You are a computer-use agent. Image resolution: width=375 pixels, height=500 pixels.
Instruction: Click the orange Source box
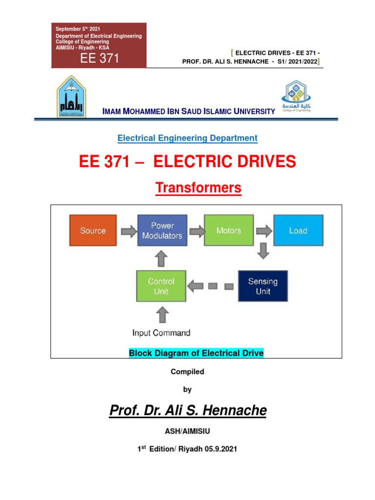[93, 230]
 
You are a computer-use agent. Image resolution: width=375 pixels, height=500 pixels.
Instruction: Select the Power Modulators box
[162, 230]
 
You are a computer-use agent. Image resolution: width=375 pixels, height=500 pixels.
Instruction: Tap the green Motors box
[229, 230]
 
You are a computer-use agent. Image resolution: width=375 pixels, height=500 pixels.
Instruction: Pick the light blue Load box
[298, 230]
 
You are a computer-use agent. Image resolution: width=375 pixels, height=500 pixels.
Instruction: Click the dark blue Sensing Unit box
[263, 286]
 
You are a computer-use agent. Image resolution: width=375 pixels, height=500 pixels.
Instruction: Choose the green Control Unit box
[161, 286]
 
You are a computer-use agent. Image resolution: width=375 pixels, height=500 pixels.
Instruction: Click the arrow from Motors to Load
[264, 230]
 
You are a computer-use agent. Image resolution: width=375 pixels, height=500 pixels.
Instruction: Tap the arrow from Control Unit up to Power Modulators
[161, 258]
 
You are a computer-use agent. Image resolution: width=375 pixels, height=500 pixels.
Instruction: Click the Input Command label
[161, 333]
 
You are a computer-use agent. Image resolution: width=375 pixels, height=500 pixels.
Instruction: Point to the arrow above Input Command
[161, 314]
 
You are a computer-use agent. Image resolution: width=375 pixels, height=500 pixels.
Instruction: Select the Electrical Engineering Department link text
[187, 138]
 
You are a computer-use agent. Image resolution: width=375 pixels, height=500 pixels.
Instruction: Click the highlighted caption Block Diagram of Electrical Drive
[196, 353]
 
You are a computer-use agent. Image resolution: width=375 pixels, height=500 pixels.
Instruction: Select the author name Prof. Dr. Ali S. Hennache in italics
[187, 411]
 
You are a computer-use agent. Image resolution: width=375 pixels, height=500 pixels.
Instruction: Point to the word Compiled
[187, 372]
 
